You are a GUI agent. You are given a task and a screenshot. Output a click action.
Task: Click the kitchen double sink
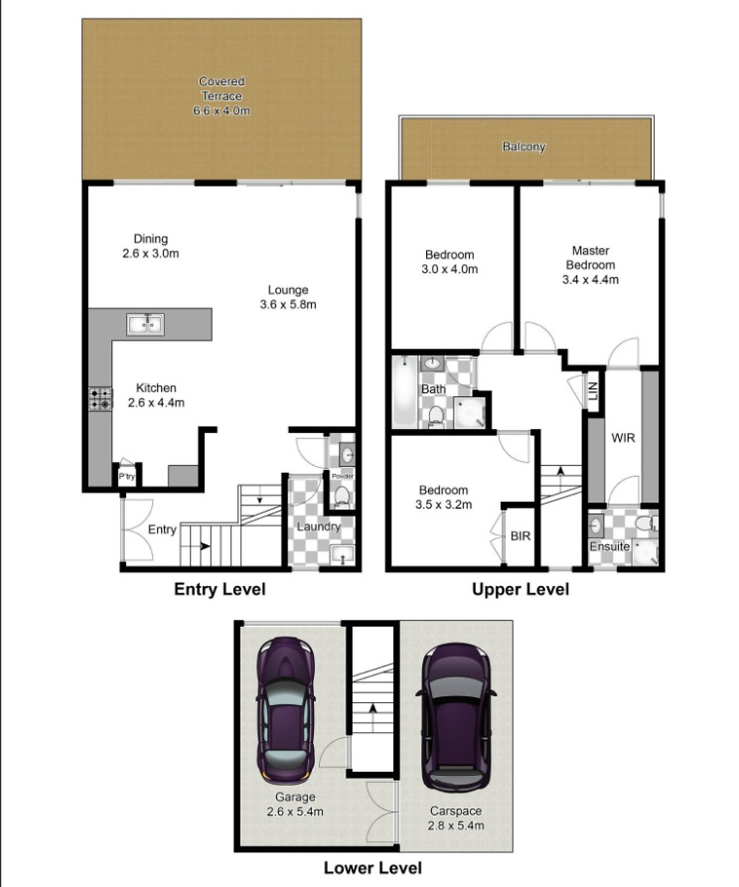[x=145, y=324]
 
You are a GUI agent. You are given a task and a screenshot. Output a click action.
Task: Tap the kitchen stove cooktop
[x=100, y=399]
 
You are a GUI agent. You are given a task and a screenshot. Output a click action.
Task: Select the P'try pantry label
[x=127, y=477]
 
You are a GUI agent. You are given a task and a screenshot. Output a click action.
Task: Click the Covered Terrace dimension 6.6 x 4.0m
[x=221, y=111]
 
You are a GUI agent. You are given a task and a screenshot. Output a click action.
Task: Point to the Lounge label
[x=288, y=290]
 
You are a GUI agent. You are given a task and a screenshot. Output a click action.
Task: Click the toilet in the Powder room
[x=342, y=496]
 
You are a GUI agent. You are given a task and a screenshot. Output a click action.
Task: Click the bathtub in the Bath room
[x=405, y=391]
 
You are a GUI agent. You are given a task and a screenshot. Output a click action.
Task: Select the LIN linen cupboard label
[x=593, y=391]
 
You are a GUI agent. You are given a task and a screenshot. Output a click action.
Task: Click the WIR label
[x=623, y=438]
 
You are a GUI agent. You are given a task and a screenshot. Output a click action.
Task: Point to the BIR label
[x=520, y=536]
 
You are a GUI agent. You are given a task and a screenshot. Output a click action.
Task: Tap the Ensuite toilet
[x=646, y=523]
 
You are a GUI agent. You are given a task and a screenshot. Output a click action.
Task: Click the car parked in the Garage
[x=286, y=710]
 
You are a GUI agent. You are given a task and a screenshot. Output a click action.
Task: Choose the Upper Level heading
[x=520, y=589]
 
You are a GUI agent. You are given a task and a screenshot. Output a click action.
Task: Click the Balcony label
[x=524, y=147]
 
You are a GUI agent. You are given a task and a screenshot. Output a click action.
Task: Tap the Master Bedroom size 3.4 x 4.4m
[x=590, y=280]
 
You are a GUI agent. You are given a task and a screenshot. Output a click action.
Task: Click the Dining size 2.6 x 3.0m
[x=151, y=254]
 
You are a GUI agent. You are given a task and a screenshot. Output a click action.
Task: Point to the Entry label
[x=162, y=530]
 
